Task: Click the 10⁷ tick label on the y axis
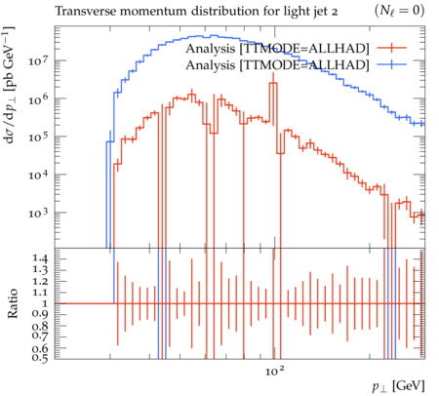pos(39,60)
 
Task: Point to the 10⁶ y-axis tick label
pos(39,99)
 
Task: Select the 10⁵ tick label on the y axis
pos(39,137)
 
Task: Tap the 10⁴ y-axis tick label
pos(39,175)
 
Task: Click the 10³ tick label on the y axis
pos(39,213)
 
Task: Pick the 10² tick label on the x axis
pos(275,370)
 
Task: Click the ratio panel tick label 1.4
pos(40,258)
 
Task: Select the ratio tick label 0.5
pos(40,358)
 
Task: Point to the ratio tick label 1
pos(45,303)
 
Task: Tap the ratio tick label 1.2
pos(40,281)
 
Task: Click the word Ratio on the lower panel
pos(13,303)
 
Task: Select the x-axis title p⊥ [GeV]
pos(398,386)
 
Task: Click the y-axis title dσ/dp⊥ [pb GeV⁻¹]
pos(9,86)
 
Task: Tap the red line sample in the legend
pos(391,48)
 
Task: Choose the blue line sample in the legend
pos(391,64)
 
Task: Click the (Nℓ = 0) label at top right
pos(399,11)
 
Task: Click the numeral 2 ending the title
pos(334,12)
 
